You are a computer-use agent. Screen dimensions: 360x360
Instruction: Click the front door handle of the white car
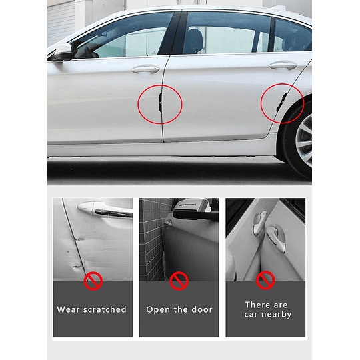[145, 69]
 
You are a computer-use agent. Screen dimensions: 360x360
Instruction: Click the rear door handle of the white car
[283, 65]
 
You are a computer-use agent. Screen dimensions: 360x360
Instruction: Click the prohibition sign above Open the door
[179, 281]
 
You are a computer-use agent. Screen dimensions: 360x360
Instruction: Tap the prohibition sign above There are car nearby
[266, 280]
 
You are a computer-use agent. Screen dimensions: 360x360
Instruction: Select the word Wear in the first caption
[69, 309]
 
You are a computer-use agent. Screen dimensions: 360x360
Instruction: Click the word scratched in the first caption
[105, 309]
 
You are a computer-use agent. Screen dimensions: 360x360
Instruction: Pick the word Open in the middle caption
[158, 309]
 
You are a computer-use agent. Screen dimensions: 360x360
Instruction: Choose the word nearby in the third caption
[277, 314]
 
